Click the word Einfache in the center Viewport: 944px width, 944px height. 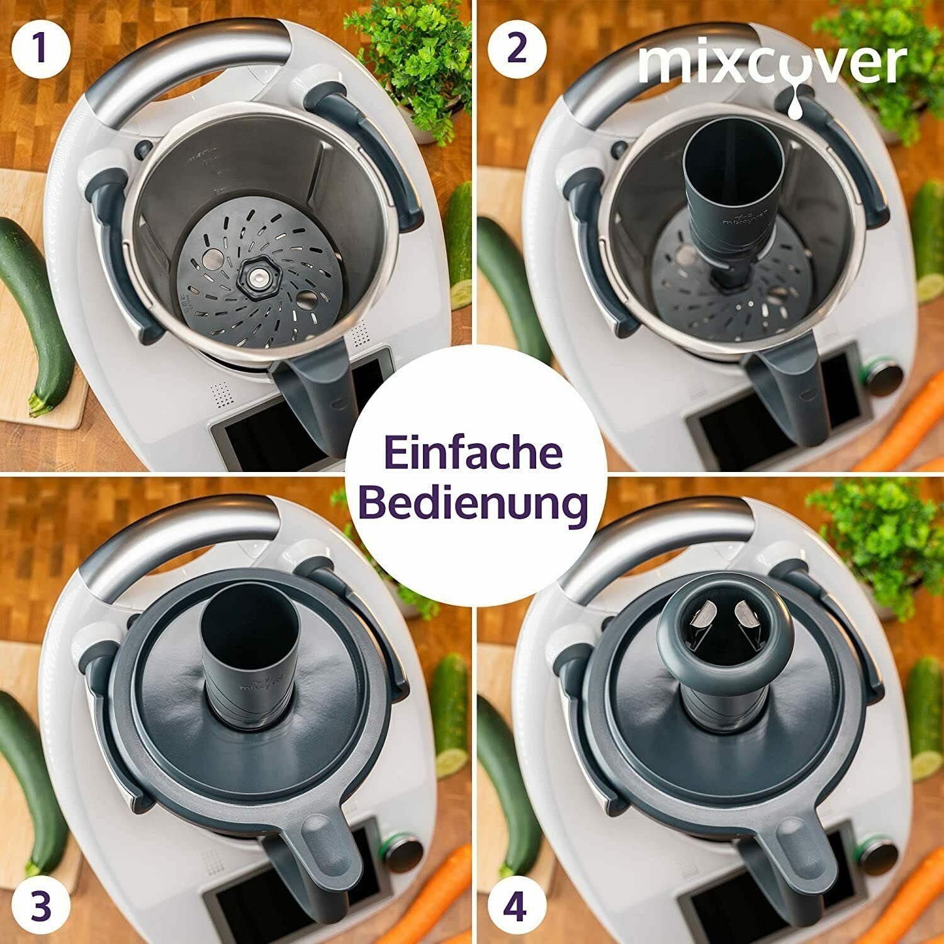coord(473,454)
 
